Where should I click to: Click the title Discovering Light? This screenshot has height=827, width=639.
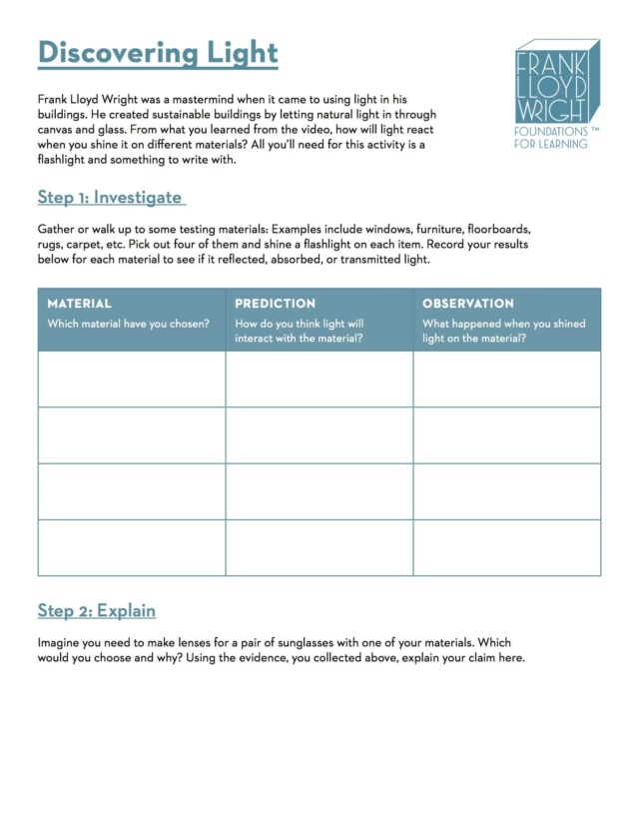[158, 52]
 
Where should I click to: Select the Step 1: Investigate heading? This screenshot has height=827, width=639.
[110, 197]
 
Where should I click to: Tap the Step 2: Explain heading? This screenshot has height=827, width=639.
[97, 610]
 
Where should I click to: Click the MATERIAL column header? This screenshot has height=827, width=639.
[80, 304]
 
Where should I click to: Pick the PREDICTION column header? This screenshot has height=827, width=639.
[275, 304]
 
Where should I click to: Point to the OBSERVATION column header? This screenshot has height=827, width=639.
[468, 304]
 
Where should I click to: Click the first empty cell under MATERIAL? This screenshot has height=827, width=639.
[132, 380]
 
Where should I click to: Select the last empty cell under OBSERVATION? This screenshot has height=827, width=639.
[507, 547]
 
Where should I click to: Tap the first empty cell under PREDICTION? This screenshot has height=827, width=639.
[319, 380]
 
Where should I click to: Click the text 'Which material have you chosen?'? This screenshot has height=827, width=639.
[128, 324]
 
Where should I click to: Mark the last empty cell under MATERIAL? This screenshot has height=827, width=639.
[132, 547]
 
